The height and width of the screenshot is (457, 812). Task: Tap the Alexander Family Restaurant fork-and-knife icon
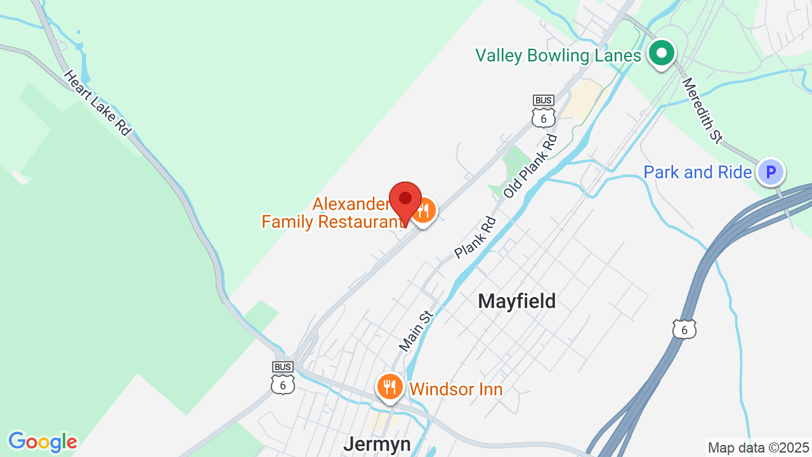[424, 210]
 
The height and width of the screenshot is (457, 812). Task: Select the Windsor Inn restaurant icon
[390, 385]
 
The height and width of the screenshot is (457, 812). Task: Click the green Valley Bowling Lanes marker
[661, 53]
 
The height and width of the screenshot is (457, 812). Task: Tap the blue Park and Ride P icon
[771, 171]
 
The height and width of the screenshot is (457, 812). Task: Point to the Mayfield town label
[516, 301]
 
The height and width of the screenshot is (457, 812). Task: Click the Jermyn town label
[377, 444]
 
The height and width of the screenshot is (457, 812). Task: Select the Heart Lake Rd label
[97, 102]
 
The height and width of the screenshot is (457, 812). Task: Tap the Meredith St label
[702, 110]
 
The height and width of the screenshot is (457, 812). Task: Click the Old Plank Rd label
[530, 165]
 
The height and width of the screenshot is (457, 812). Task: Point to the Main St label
[416, 331]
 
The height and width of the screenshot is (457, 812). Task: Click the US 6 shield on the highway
[684, 329]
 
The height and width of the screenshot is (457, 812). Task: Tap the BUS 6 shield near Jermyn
[283, 378]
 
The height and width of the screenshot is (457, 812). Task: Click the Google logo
[43, 442]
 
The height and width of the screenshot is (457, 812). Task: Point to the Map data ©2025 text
[759, 447]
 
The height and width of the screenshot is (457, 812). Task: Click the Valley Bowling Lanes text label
[558, 56]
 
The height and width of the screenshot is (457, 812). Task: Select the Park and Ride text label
[698, 172]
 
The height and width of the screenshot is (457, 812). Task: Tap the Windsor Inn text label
[456, 389]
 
